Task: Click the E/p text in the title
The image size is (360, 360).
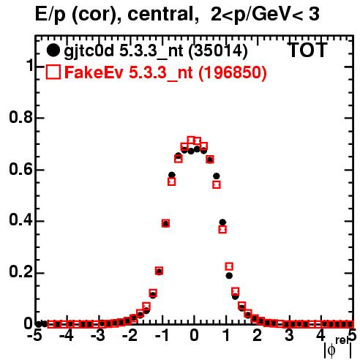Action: coord(50,15)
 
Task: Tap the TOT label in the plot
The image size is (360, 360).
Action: coord(307,50)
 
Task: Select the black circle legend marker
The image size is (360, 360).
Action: coord(53,50)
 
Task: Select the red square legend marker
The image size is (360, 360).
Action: coord(53,72)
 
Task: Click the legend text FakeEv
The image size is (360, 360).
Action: coord(94,72)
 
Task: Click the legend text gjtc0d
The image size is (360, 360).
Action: coord(89,52)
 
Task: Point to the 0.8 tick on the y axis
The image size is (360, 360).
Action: coord(20,117)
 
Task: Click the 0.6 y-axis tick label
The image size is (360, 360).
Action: coord(20,169)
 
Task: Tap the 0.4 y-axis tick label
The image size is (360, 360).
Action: coord(20,220)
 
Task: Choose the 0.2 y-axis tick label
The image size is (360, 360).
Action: coord(20,272)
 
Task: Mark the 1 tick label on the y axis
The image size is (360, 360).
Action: coord(30,66)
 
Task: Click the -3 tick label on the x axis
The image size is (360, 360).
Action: coord(98,336)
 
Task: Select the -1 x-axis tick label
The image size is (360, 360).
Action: coord(162,336)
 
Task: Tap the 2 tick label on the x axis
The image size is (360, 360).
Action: coord(258,336)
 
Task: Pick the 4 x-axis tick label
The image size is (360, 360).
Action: coord(320,336)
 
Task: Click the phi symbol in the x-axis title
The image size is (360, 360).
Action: coord(331,350)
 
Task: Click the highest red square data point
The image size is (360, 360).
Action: coord(191,140)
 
